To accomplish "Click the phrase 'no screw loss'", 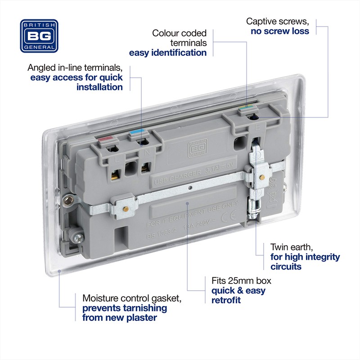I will tap(280, 31).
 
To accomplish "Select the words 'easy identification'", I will tap(168, 53).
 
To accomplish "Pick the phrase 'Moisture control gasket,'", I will tap(125, 298).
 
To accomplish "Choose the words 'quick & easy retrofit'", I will tap(238, 295).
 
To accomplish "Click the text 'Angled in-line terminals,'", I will tap(75, 67).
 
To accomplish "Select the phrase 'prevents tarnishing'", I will tap(124, 308).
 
